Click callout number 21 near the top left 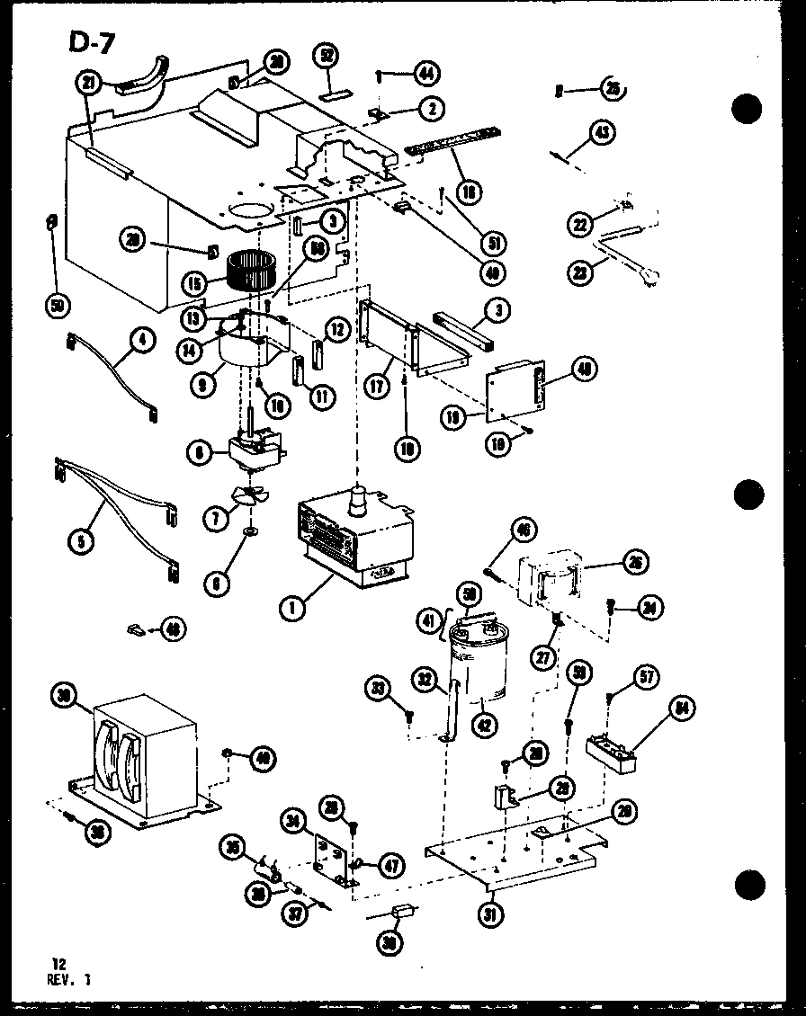click(87, 84)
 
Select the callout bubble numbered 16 click(469, 191)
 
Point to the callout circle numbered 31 click(491, 914)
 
